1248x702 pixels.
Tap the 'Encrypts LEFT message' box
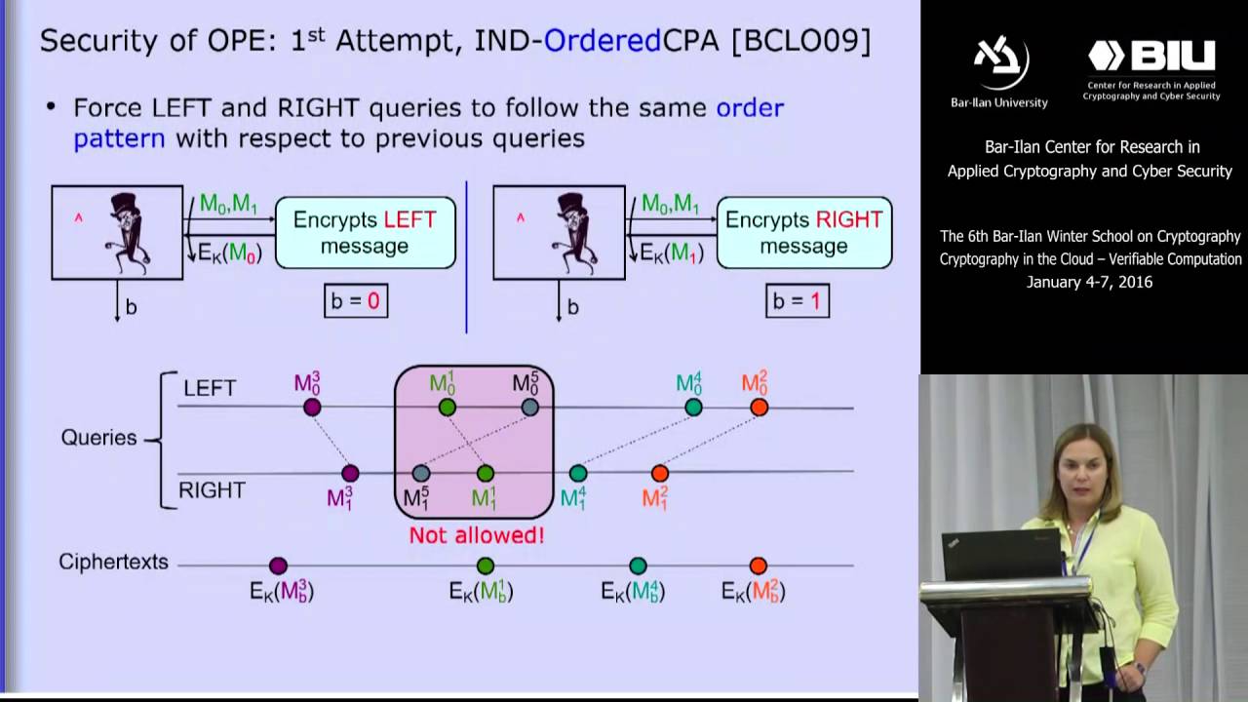[365, 233]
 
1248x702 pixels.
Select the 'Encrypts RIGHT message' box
[804, 233]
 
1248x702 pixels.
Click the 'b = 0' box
[356, 301]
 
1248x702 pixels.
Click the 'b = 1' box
[798, 301]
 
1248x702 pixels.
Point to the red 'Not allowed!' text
[476, 535]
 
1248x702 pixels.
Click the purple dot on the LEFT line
[312, 408]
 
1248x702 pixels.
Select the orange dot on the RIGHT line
[660, 474]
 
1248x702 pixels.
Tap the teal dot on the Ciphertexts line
[638, 566]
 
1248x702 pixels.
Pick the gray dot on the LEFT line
[529, 408]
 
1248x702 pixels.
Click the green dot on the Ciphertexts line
[486, 566]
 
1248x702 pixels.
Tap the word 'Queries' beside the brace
[98, 438]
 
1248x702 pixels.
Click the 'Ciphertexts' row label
[113, 563]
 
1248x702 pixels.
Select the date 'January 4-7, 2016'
[1089, 282]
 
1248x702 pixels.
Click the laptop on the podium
[1000, 556]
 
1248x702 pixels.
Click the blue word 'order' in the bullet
[750, 107]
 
